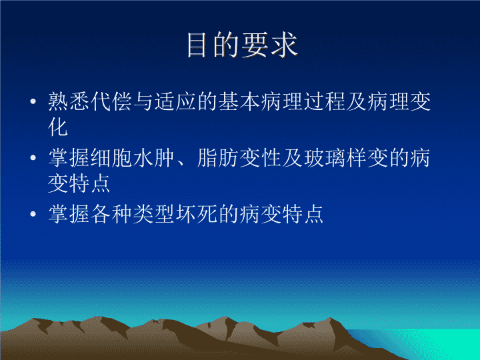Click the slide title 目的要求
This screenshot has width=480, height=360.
[x=242, y=45]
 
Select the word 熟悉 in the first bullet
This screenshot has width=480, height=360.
[x=69, y=101]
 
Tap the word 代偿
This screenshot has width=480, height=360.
[x=111, y=101]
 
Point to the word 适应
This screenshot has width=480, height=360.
[x=175, y=101]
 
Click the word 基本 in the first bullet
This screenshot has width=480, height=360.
[x=239, y=101]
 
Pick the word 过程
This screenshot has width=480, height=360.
[x=324, y=101]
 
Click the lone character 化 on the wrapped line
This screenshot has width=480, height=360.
[x=58, y=127]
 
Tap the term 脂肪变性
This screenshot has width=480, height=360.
[x=239, y=158]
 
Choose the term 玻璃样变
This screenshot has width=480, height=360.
[x=345, y=158]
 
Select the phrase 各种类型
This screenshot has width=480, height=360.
[x=133, y=214]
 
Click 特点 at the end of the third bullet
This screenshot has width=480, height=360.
[x=303, y=214]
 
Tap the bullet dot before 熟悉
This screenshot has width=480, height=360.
[x=33, y=101]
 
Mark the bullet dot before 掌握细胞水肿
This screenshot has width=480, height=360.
[x=33, y=157]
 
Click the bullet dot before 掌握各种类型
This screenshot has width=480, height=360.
[x=33, y=214]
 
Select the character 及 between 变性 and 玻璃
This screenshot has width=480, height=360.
[x=293, y=158]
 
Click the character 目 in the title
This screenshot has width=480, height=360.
[x=196, y=45]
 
